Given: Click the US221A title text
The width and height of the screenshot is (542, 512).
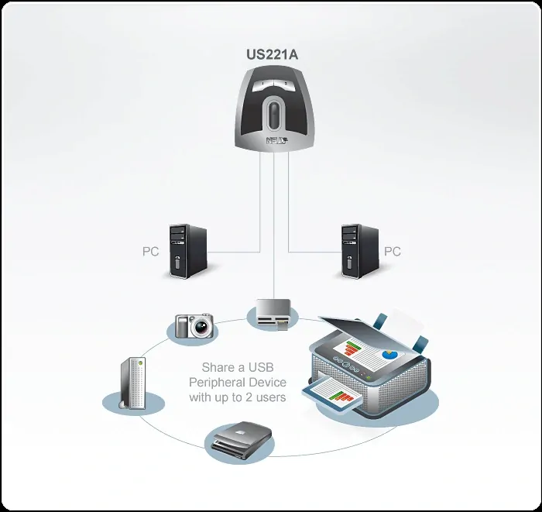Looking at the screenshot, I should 271,56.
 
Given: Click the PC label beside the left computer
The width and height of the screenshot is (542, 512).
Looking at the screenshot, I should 151,252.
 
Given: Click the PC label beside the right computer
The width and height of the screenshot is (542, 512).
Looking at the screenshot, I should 393,252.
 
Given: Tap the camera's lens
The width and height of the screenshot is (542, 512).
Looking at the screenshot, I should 201,327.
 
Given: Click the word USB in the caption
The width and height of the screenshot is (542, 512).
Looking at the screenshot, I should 262,367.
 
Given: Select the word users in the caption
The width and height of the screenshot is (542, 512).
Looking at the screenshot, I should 270,397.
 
